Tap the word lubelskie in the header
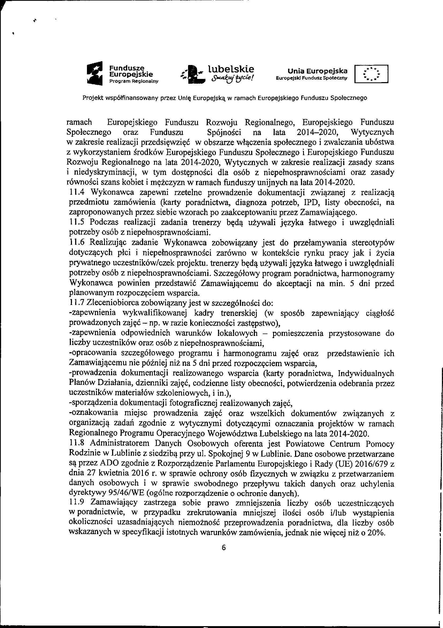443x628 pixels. point(231,68)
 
